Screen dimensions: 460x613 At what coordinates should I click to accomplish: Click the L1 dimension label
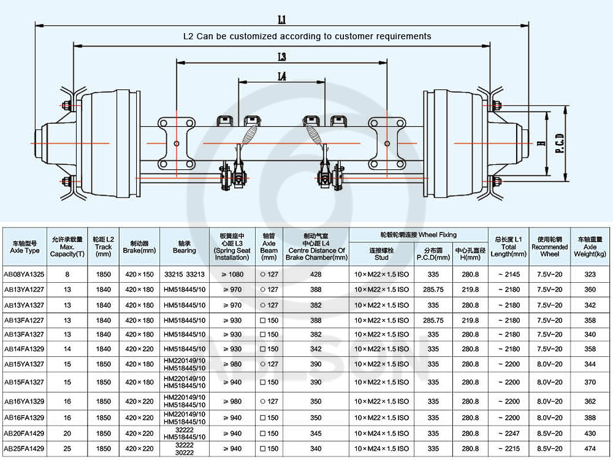pos(282,20)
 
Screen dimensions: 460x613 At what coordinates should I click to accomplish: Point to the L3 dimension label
pos(282,57)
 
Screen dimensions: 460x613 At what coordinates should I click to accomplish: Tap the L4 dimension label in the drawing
pos(282,77)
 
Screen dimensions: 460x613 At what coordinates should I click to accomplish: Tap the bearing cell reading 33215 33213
pos(184,275)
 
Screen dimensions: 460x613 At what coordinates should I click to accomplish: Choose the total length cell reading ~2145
pos(508,275)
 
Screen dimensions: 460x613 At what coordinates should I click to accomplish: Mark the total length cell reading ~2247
pos(508,434)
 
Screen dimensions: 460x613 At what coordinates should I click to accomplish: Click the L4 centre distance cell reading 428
pos(316,275)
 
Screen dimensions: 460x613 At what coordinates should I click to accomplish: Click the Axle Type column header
pos(25,247)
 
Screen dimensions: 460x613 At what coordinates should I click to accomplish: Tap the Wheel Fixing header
pos(418,235)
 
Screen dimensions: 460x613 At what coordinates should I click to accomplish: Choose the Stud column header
pos(381,253)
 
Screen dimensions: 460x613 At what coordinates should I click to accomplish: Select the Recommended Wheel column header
pos(549,247)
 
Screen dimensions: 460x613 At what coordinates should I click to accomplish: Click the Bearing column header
pos(184,247)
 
